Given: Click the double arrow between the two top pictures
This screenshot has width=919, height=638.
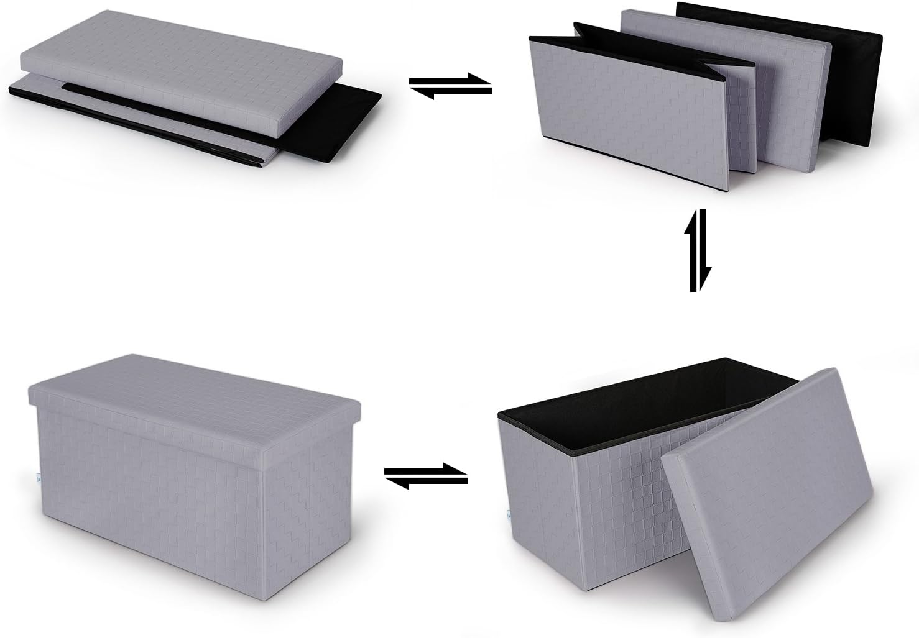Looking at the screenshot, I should (451, 86).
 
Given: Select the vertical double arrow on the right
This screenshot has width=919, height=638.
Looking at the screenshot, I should (695, 250).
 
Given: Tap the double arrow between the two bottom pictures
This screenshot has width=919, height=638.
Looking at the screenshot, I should (426, 476).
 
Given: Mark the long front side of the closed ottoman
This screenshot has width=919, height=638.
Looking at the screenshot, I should (149, 491).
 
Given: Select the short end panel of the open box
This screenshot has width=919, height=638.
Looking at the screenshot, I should (541, 497).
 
